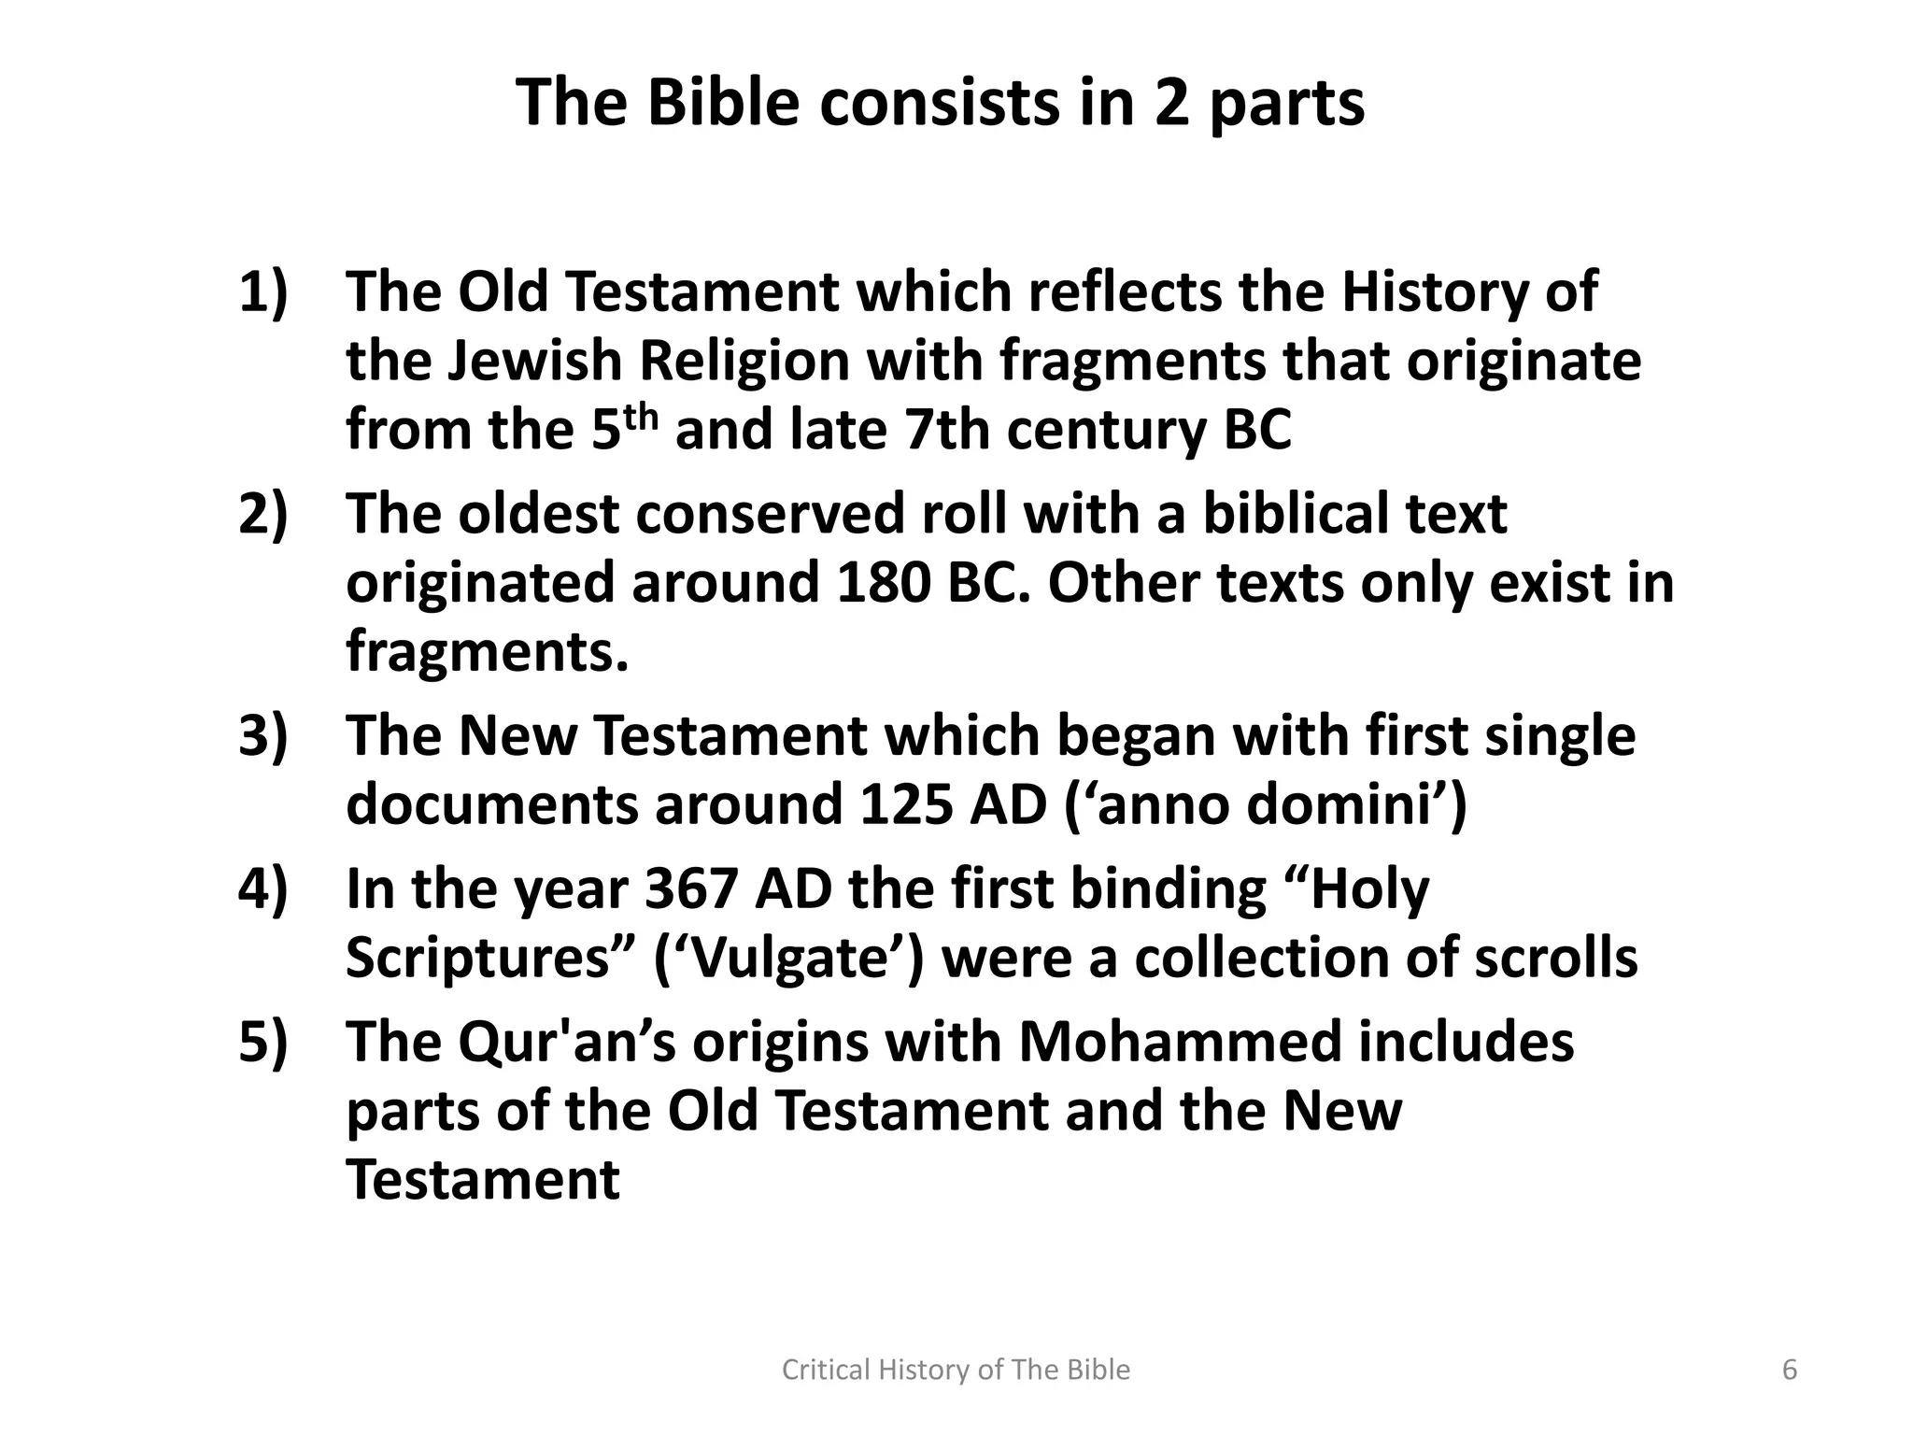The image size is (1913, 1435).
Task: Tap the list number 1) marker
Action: coord(263,291)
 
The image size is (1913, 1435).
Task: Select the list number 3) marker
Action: coord(263,735)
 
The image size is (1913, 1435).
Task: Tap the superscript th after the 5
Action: coord(641,416)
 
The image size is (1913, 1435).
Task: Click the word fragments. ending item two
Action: coord(487,651)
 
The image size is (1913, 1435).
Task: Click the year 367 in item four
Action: coord(691,888)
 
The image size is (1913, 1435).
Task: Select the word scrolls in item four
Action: coord(1555,959)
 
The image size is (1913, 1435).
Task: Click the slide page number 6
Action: coord(1790,1370)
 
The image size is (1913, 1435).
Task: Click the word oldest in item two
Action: coord(538,514)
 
